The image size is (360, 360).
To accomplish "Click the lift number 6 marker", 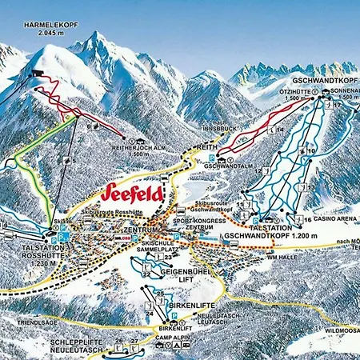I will tap(95, 126).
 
